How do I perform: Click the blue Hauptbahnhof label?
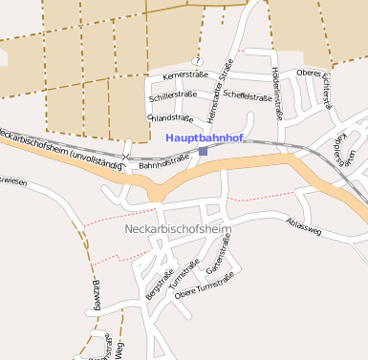pyautogui.click(x=204, y=138)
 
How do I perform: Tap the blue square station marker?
pyautogui.click(x=203, y=151)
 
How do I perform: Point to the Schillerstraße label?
pyautogui.click(x=173, y=95)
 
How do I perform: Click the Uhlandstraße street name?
pyautogui.click(x=171, y=117)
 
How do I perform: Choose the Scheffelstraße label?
pyautogui.click(x=248, y=95)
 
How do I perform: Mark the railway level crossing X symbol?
pyautogui.click(x=125, y=156)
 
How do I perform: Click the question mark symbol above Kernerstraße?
pyautogui.click(x=198, y=61)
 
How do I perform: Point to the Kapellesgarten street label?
pyautogui.click(x=345, y=150)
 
